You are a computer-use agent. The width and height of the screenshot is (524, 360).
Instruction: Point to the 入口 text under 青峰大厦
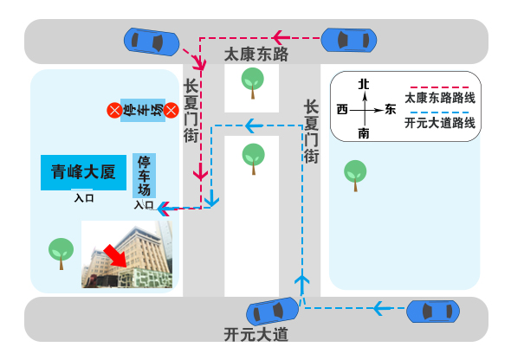(x=84, y=198)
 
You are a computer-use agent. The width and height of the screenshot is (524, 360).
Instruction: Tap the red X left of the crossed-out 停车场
(x=113, y=110)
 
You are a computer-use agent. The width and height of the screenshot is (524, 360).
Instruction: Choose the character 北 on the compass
(x=364, y=84)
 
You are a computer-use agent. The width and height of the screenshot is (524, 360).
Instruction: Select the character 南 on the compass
(x=364, y=133)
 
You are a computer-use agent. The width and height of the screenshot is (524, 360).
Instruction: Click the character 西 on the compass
(x=342, y=110)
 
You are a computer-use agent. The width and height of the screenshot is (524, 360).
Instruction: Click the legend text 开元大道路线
(x=440, y=123)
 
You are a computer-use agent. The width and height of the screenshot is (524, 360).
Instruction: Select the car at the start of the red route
(x=348, y=39)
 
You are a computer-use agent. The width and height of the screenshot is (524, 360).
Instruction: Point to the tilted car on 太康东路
(x=152, y=41)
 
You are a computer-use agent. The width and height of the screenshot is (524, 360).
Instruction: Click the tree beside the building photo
(x=60, y=253)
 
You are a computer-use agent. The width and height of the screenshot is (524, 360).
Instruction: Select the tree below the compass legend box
(x=354, y=174)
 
